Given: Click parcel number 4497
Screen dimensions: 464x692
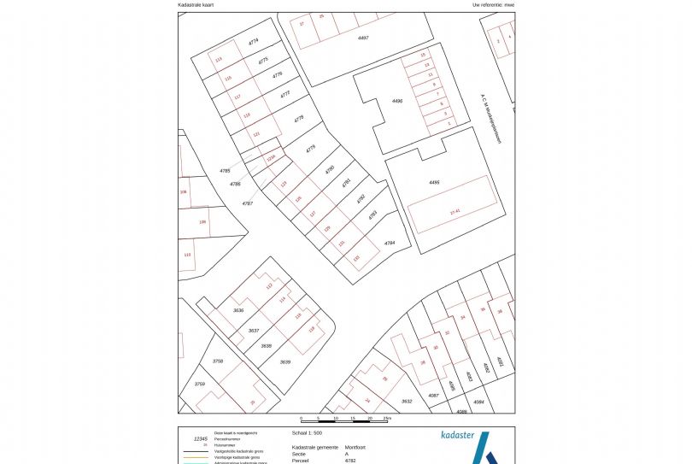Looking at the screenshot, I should [x=362, y=38].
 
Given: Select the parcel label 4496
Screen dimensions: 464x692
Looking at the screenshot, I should [x=396, y=101].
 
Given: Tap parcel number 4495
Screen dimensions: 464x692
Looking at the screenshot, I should [x=434, y=183].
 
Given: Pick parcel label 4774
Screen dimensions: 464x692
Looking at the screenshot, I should [x=253, y=41].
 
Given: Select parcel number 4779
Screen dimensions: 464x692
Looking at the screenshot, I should [x=310, y=149].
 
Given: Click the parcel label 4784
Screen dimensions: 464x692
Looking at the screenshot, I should [x=390, y=244].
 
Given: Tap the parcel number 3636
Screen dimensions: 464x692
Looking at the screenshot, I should [x=238, y=310].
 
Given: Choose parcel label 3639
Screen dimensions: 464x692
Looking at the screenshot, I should [x=285, y=361].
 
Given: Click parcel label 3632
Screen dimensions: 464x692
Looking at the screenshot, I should [x=407, y=401].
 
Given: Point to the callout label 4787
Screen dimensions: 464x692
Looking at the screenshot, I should [x=247, y=203].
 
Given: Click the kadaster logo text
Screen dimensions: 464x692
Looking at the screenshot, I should [x=457, y=435].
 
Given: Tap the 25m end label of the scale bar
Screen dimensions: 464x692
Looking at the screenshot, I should [x=387, y=418].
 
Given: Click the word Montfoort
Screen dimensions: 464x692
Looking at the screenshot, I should [x=356, y=447].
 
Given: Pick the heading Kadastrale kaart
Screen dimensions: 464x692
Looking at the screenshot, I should [x=196, y=5].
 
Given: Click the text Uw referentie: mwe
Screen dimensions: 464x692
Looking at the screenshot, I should [x=494, y=5].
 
